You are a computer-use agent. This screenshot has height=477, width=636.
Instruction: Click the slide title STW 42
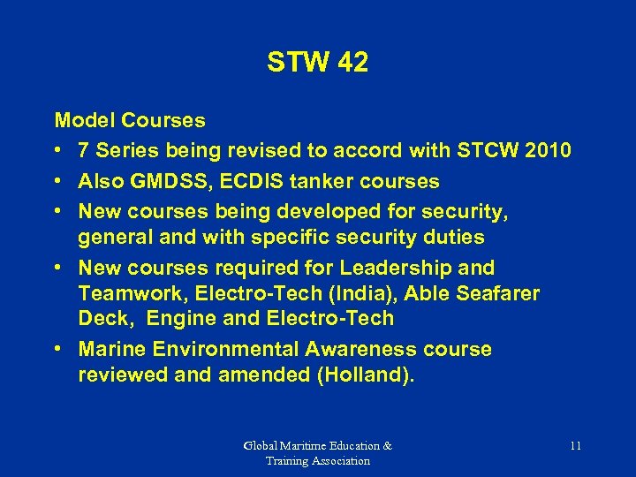click(317, 63)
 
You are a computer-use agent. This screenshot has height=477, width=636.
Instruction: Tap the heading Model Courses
click(130, 120)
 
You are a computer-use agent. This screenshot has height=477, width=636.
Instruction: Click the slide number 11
click(575, 446)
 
